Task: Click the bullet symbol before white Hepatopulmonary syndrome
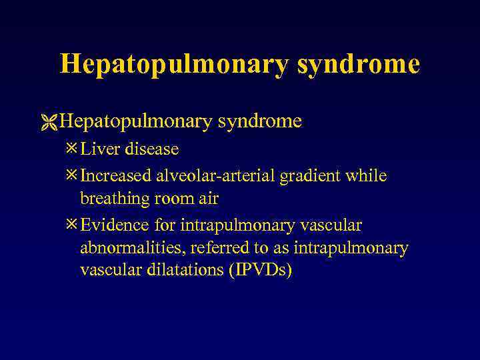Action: point(49,121)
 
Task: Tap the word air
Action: point(208,199)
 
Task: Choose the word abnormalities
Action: point(131,249)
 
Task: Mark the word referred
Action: point(217,249)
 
